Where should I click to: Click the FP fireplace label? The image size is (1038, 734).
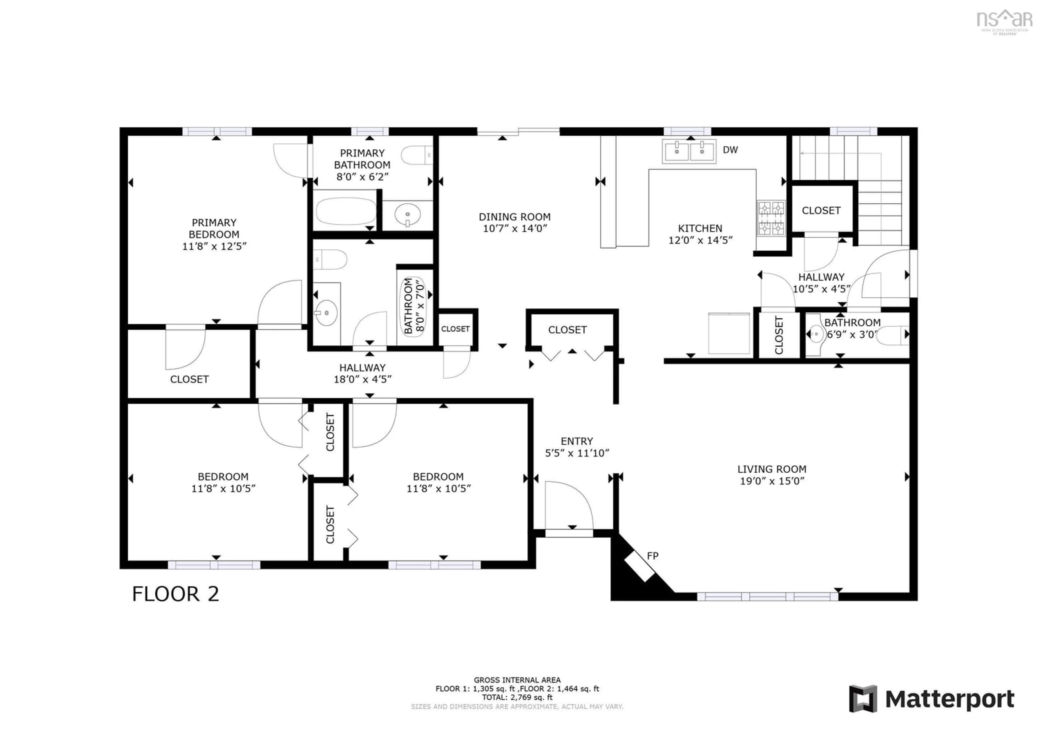(652, 556)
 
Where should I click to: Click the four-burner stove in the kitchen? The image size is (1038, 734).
(771, 219)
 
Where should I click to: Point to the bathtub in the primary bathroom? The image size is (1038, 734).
(346, 211)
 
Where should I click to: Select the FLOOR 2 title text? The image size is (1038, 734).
(175, 594)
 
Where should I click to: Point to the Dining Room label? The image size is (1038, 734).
(514, 217)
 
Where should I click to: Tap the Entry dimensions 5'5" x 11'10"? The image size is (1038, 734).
(577, 453)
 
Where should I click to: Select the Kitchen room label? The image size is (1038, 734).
(700, 228)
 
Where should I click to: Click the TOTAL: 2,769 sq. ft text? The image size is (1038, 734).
(517, 697)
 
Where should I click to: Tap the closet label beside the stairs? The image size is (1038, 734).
(821, 210)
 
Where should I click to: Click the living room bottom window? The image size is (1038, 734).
(767, 597)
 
